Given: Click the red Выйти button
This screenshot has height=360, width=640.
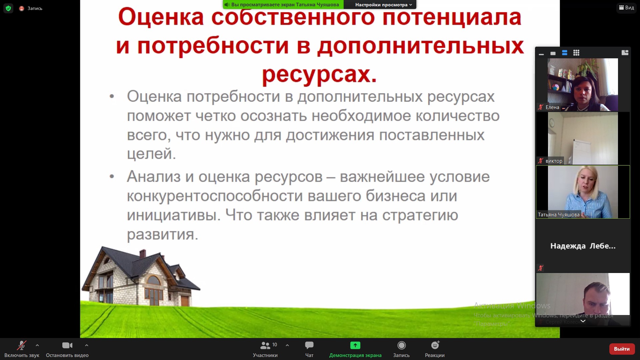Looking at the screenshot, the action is tap(622, 349).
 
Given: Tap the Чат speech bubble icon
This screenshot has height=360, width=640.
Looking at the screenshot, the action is tap(309, 345).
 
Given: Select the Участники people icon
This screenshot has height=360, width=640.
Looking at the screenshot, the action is tap(265, 345).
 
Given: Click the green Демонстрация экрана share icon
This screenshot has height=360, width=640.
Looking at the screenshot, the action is tap(355, 345).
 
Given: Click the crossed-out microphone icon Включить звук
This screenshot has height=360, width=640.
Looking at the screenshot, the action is tap(22, 345).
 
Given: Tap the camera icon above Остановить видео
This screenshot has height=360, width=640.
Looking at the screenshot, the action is tap(67, 345).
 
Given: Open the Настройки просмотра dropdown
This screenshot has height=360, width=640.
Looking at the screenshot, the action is tap(383, 5).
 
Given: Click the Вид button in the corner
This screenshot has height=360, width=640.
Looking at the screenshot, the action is tap(627, 8).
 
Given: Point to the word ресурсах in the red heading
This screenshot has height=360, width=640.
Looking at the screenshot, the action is tap(319, 74).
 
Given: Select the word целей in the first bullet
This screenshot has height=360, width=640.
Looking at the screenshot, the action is tap(151, 154).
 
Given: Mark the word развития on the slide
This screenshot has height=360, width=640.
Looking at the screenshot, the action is tap(163, 234).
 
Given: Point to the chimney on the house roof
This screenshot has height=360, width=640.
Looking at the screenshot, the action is tap(143, 254).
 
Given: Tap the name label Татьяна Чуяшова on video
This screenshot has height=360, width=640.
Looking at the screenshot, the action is tap(559, 215).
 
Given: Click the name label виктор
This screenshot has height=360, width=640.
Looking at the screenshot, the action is tap(554, 161).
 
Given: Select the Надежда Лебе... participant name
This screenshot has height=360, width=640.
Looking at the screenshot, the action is tap(583, 246).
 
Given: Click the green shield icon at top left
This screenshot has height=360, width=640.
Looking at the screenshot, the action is tap(8, 8).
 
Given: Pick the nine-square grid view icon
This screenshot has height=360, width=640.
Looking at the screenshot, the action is tap(576, 53).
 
